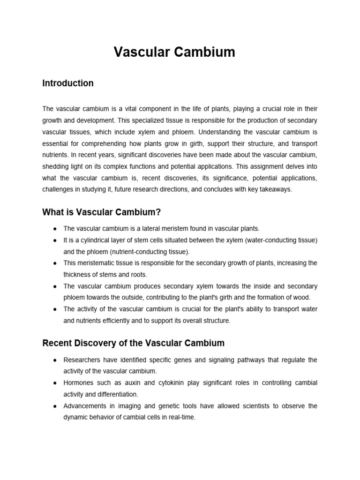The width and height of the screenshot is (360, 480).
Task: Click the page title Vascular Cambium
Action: (x=174, y=52)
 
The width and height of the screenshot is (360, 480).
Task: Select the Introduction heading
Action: (x=68, y=83)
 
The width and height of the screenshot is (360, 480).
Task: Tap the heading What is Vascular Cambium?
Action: (x=102, y=212)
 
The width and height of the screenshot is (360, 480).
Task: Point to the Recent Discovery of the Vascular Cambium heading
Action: (x=134, y=343)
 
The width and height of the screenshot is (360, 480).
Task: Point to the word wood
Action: (x=302, y=298)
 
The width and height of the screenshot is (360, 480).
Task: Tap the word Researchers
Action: (x=81, y=360)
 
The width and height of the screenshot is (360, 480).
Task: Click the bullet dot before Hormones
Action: (x=55, y=383)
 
